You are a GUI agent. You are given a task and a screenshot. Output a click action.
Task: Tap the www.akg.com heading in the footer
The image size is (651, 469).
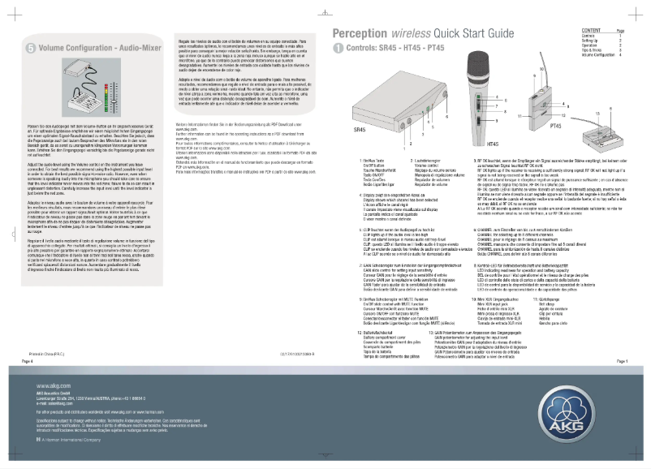click(x=53, y=385)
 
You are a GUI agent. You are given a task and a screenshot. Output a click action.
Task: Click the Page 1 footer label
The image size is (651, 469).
click(x=622, y=360)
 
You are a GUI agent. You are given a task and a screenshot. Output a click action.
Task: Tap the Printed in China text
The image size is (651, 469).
click(x=50, y=354)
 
